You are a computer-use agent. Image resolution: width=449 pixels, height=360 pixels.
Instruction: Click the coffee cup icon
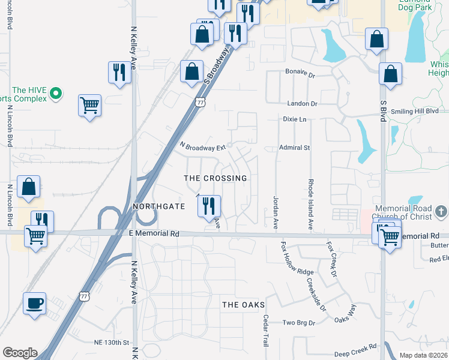[34, 303]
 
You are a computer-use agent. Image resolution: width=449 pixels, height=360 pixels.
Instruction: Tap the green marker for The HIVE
[56, 93]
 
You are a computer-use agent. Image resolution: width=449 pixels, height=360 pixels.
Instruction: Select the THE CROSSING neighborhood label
[215, 178]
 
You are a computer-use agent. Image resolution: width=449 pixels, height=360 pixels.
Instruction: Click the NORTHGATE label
[159, 206]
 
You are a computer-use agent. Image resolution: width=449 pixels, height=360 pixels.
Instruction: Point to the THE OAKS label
[244, 305]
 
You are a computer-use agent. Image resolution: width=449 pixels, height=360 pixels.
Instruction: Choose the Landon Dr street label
[302, 104]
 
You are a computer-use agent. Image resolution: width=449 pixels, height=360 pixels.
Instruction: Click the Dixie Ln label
[295, 119]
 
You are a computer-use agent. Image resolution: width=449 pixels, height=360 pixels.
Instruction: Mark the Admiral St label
[294, 148]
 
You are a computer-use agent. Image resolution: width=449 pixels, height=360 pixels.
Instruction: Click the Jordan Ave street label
[276, 212]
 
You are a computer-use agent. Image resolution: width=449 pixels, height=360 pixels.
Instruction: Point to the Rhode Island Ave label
[311, 204]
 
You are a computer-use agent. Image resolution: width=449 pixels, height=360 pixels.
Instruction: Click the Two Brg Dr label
[298, 322]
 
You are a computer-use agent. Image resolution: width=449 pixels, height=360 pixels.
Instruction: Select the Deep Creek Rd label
[355, 347]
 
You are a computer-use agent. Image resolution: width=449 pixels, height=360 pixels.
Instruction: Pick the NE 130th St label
[112, 343]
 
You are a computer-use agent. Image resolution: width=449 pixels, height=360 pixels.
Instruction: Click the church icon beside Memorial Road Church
[441, 211]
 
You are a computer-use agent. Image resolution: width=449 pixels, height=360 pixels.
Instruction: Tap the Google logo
[20, 353]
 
